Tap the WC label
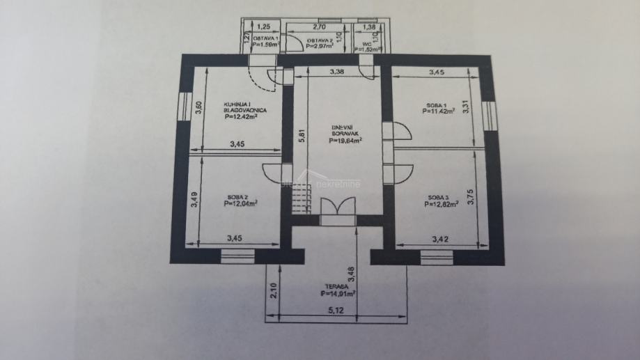pyautogui.click(x=367, y=43)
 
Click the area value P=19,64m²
pyautogui.click(x=346, y=140)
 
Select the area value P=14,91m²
pyautogui.click(x=338, y=295)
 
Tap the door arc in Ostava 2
pyautogui.click(x=295, y=42)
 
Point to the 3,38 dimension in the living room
pyautogui.click(x=337, y=71)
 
